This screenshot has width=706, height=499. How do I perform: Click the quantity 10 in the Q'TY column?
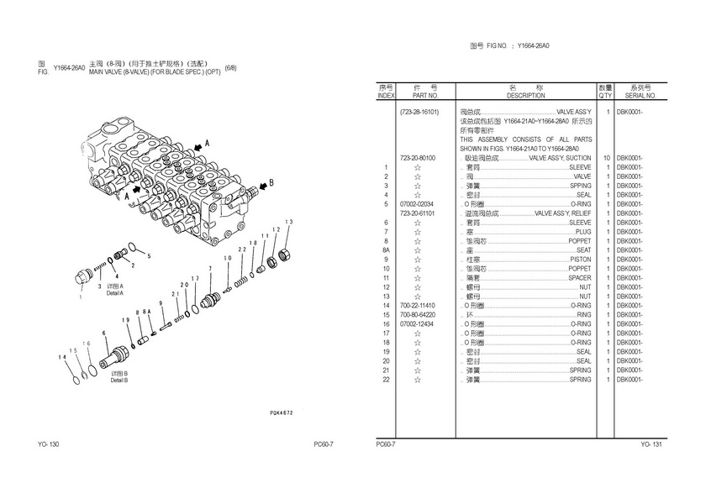pos(605,158)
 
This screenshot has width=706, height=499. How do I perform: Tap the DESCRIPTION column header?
pos(526,96)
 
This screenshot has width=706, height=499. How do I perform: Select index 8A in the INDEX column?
pos(386,250)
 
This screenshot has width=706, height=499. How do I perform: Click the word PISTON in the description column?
pos(579,260)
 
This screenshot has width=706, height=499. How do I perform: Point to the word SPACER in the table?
pos(579,278)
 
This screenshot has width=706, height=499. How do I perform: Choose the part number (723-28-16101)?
pos(419,112)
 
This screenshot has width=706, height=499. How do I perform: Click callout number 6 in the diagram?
pos(103,334)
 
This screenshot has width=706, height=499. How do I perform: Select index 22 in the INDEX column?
pos(385,380)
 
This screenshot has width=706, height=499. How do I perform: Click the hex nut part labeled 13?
pos(283,252)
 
